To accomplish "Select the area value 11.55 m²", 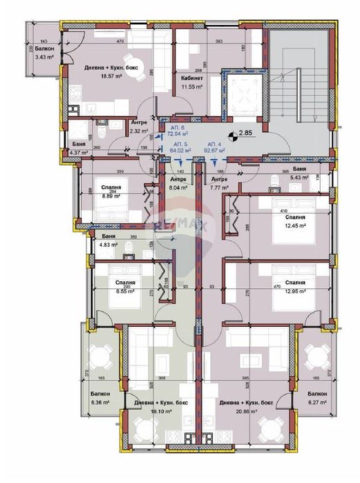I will click(x=191, y=88).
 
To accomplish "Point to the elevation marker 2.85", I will click(x=245, y=133).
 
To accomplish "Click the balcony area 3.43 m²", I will click(x=45, y=57).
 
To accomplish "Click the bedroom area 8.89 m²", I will click(x=111, y=196).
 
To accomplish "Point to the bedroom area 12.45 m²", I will click(x=295, y=225).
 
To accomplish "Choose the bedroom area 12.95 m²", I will click(x=295, y=291).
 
